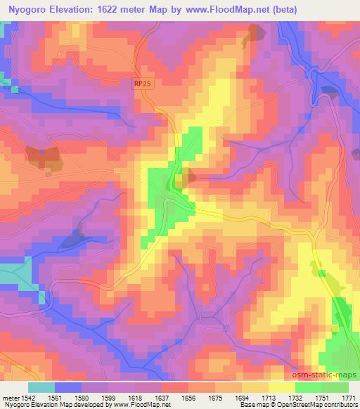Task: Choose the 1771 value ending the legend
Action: click(x=349, y=397)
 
